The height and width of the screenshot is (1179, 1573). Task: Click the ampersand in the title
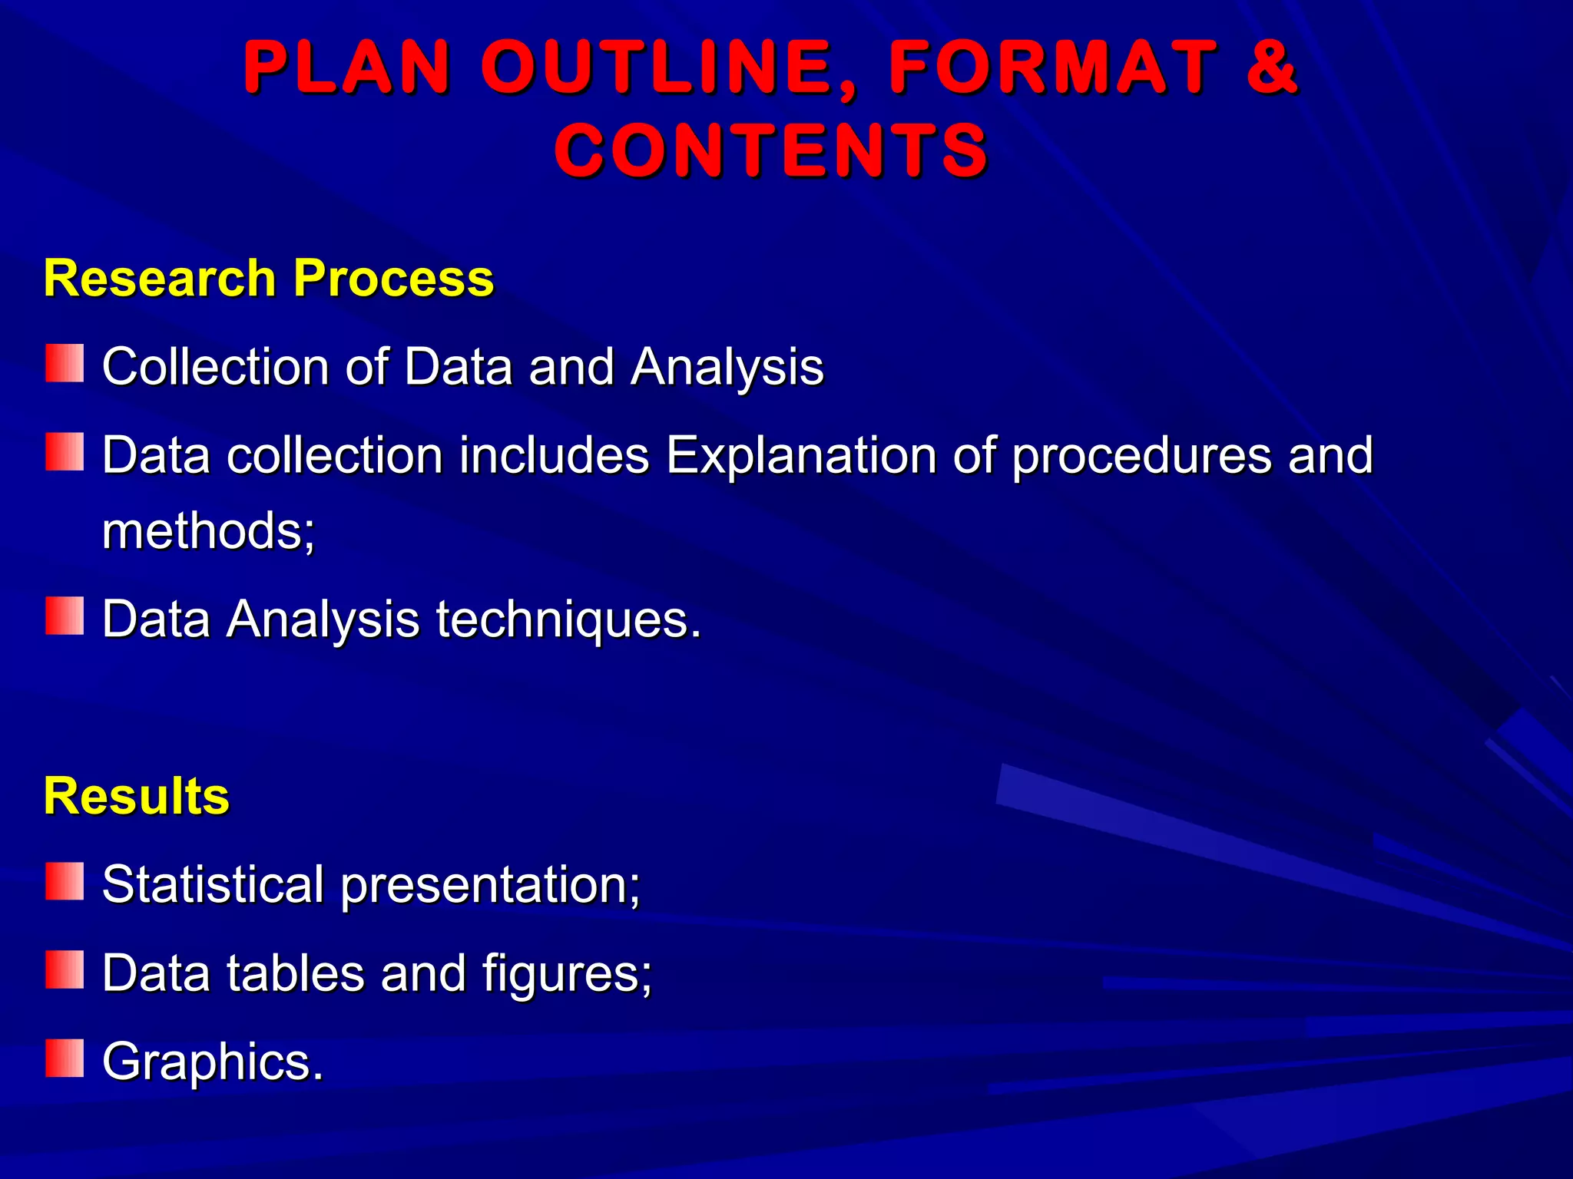click(x=1271, y=68)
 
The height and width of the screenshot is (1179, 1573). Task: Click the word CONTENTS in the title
click(x=771, y=150)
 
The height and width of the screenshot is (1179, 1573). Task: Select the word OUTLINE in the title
click(x=668, y=68)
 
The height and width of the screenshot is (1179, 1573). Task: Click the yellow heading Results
click(x=137, y=795)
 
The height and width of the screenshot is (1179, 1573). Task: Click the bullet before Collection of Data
click(x=65, y=363)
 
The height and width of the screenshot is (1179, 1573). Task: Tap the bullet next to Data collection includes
click(x=65, y=451)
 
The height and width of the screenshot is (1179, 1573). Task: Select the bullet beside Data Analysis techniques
click(x=65, y=616)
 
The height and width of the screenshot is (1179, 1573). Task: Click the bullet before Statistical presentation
click(x=65, y=881)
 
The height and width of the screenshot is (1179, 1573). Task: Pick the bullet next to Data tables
click(x=65, y=969)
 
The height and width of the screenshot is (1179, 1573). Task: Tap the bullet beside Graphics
click(x=65, y=1058)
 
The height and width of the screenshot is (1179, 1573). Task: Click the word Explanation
click(x=800, y=455)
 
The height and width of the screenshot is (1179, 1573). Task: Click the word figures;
click(x=568, y=973)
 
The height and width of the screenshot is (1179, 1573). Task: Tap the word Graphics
click(x=213, y=1062)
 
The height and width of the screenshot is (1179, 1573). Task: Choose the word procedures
click(x=1141, y=455)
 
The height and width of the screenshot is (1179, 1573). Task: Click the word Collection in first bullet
click(x=216, y=366)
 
